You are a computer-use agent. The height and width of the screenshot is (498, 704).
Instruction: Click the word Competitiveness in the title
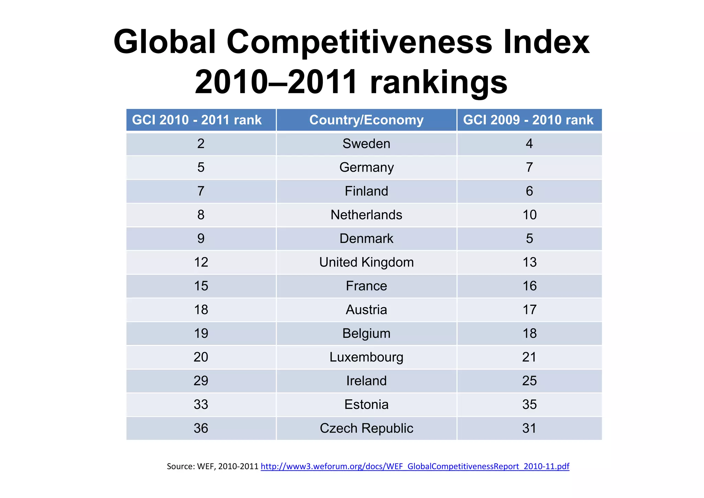pyautogui.click(x=360, y=42)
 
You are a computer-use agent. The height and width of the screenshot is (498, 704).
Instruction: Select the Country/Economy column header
pyautogui.click(x=366, y=120)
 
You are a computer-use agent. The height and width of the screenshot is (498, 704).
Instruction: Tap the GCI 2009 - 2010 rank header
pyautogui.click(x=528, y=120)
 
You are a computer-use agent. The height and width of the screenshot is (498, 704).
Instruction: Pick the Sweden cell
pyautogui.click(x=366, y=144)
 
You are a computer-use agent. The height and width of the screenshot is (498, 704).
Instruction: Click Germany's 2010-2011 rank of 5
pyautogui.click(x=201, y=167)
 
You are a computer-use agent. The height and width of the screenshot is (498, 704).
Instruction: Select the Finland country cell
pyautogui.click(x=366, y=191)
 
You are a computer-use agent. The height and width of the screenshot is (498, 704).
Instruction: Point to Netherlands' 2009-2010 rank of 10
pyautogui.click(x=529, y=215)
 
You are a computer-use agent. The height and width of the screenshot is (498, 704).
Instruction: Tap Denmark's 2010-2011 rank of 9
pyautogui.click(x=201, y=239)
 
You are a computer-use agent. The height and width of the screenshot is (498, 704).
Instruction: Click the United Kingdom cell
pyautogui.click(x=366, y=262)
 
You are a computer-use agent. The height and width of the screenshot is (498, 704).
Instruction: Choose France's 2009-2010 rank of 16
pyautogui.click(x=529, y=286)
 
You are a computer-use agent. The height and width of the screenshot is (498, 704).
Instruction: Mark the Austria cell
pyautogui.click(x=366, y=310)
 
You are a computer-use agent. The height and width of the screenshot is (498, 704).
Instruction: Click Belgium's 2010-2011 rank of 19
pyautogui.click(x=201, y=334)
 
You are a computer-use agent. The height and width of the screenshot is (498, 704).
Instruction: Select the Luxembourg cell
pyautogui.click(x=366, y=357)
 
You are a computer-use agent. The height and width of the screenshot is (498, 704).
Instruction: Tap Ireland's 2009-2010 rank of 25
pyautogui.click(x=529, y=381)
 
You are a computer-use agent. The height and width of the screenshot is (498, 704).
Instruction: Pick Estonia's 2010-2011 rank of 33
pyautogui.click(x=201, y=405)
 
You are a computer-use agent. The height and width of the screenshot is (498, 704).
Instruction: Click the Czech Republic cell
pyautogui.click(x=366, y=429)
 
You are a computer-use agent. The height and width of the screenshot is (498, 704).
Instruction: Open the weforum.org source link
pyautogui.click(x=415, y=467)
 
